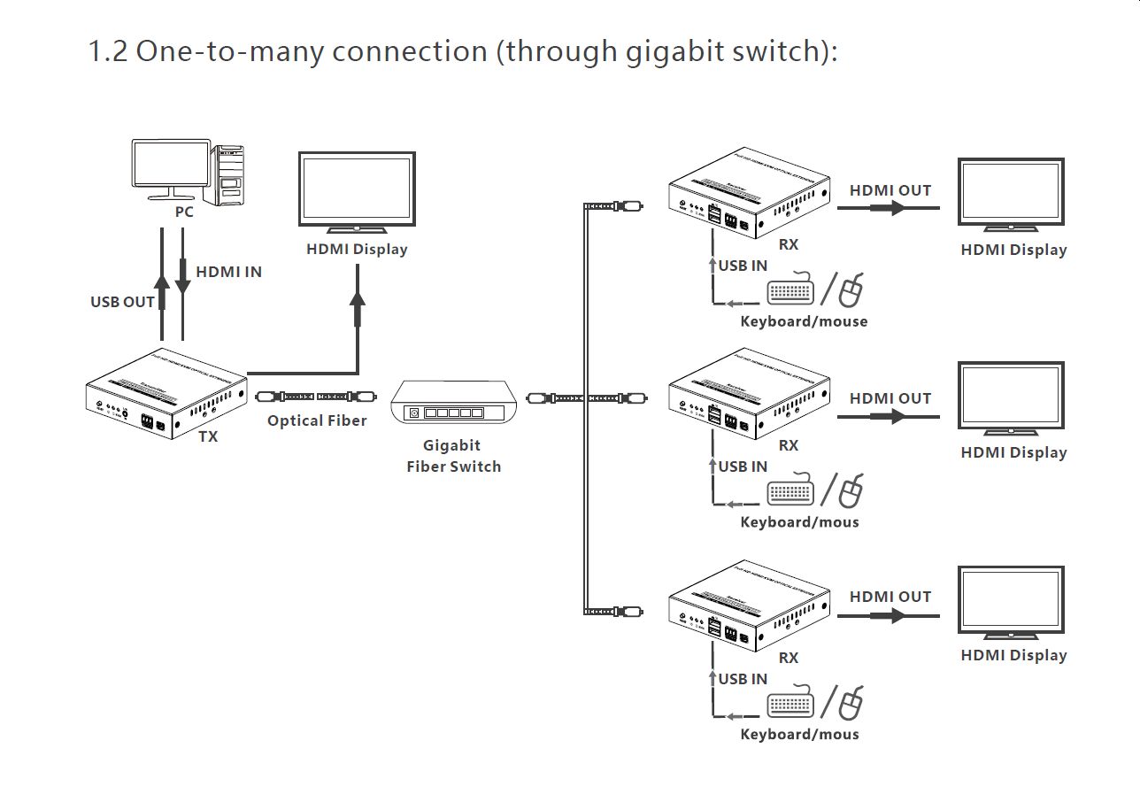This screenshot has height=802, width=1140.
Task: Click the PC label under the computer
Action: pyautogui.click(x=183, y=212)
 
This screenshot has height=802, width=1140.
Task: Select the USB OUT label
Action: pyautogui.click(x=122, y=302)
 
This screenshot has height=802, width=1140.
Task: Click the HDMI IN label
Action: pyautogui.click(x=228, y=272)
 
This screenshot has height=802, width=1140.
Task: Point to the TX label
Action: pyautogui.click(x=208, y=436)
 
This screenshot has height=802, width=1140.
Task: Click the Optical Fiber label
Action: pyautogui.click(x=317, y=420)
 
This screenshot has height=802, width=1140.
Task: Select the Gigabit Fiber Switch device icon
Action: pyautogui.click(x=451, y=405)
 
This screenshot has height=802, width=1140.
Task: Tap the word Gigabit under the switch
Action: pyautogui.click(x=451, y=445)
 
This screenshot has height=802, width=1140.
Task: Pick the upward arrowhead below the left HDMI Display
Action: pyautogui.click(x=358, y=300)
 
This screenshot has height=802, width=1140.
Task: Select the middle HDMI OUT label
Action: pyautogui.click(x=890, y=398)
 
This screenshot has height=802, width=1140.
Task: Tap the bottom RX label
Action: pyautogui.click(x=788, y=658)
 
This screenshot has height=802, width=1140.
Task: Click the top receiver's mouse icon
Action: pyautogui.click(x=851, y=291)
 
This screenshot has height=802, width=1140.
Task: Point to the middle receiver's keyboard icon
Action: pyautogui.click(x=790, y=493)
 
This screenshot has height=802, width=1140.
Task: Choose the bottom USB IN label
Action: pyautogui.click(x=743, y=679)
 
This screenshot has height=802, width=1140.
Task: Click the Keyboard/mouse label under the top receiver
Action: pyautogui.click(x=804, y=321)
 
